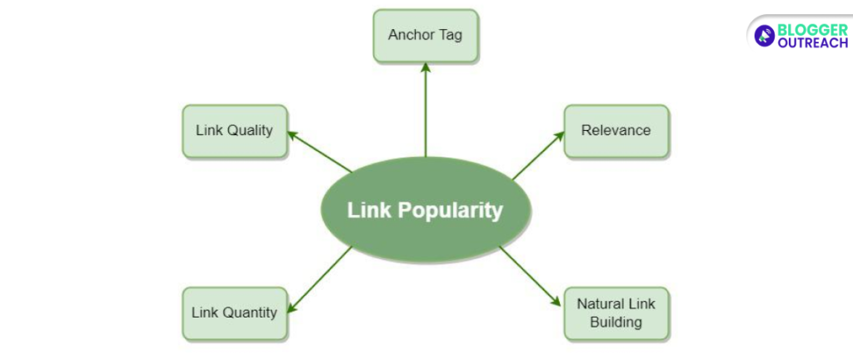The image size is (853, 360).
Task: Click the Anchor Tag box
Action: click(x=426, y=36)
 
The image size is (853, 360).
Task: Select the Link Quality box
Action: click(x=234, y=131)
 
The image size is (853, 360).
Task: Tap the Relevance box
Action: click(x=616, y=131)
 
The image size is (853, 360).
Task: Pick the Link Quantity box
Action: click(x=234, y=313)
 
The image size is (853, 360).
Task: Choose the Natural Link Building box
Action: click(x=616, y=313)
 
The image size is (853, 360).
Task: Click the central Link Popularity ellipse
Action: click(x=426, y=209)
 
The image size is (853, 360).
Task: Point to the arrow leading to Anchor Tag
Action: click(x=426, y=108)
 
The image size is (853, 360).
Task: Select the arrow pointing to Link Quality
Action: click(x=321, y=152)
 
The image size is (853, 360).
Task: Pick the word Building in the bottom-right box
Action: click(x=616, y=322)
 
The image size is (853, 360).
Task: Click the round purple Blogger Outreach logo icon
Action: click(x=764, y=35)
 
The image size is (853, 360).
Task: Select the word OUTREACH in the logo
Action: click(x=812, y=42)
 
